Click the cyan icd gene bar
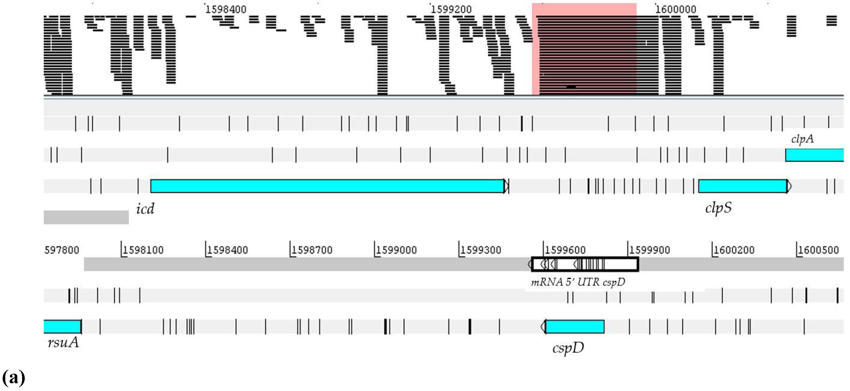[x=327, y=186]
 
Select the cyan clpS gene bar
[x=742, y=186]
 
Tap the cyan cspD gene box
[x=575, y=326]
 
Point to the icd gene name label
[x=145, y=209]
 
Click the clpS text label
[x=718, y=208]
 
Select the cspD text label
[x=568, y=348]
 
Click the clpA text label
[x=802, y=139]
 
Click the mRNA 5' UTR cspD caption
[x=578, y=282]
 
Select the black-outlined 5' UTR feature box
[x=585, y=264]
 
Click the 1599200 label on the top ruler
[x=451, y=9]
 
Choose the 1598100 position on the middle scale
[x=143, y=250]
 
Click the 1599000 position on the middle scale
[x=396, y=250]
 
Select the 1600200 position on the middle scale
[x=734, y=250]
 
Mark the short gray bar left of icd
[x=86, y=217]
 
